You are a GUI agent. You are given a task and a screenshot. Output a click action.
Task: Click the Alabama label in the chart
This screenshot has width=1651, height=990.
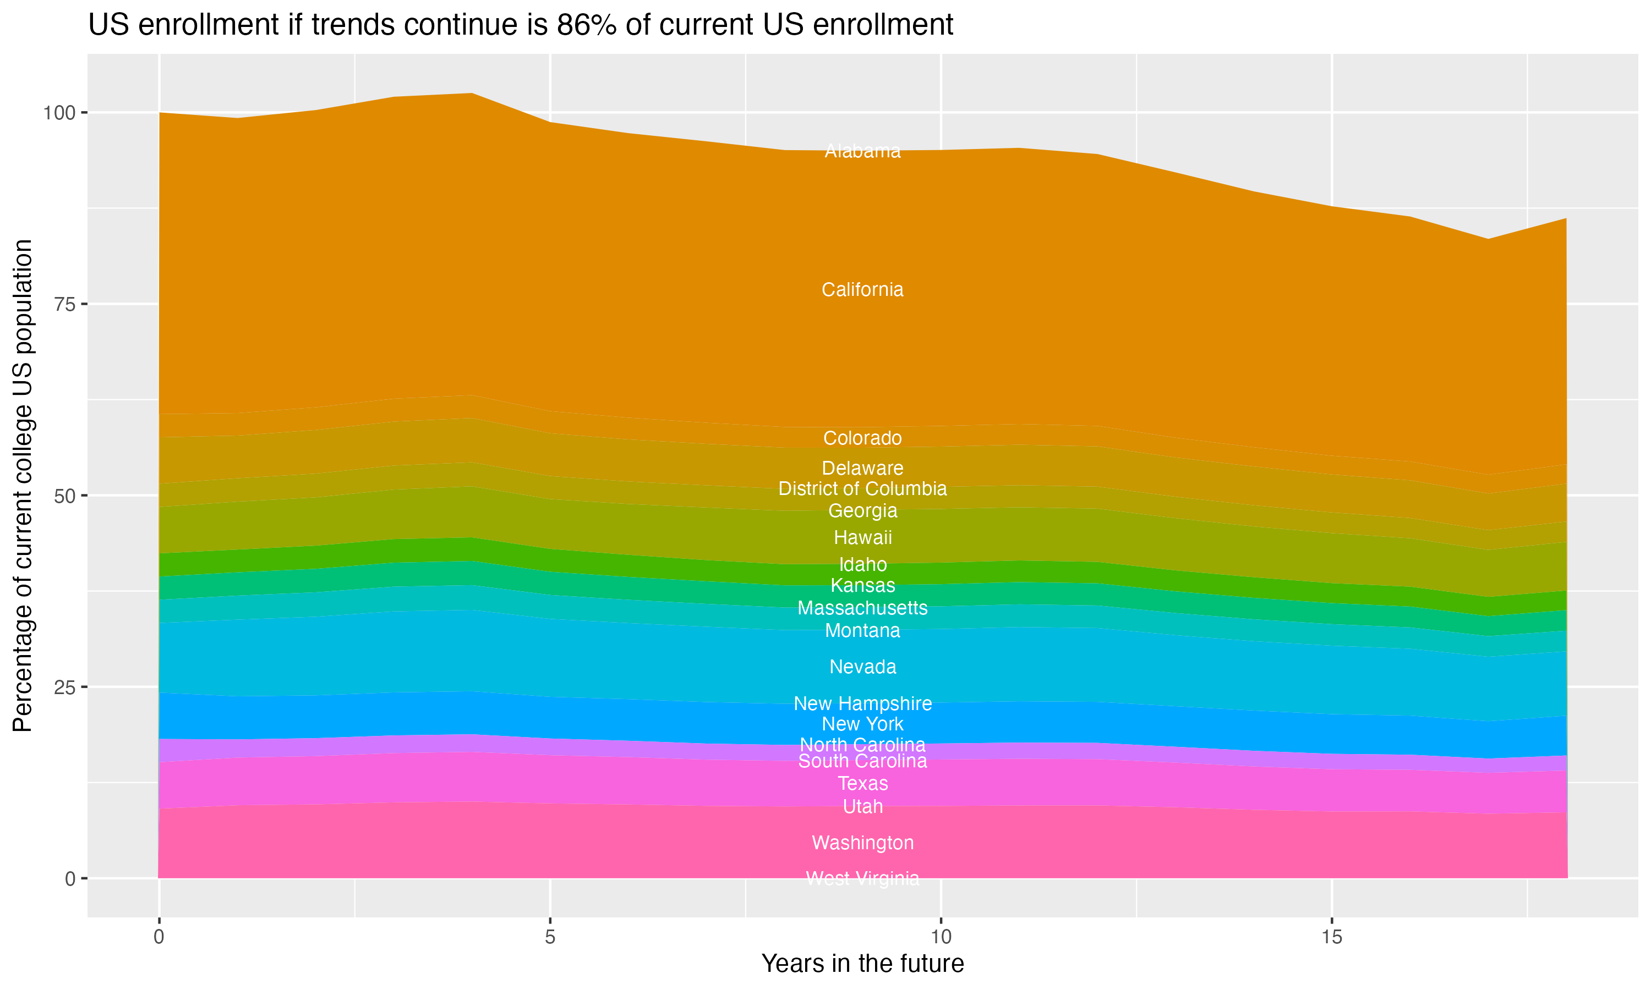pos(862,151)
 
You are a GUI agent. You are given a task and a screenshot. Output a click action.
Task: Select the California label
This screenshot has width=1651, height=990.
pos(862,289)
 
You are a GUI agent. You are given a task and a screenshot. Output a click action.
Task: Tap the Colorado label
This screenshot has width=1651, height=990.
pos(862,438)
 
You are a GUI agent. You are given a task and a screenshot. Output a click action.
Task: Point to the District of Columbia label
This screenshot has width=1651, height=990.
pos(862,489)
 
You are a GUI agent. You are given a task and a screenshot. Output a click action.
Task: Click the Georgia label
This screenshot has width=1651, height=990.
pos(862,511)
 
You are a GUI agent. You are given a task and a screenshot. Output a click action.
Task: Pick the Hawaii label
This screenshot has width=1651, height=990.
pos(862,538)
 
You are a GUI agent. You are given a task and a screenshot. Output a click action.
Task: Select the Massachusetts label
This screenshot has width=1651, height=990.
pos(862,608)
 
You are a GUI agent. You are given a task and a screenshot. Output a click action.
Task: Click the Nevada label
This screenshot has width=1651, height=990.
pos(862,667)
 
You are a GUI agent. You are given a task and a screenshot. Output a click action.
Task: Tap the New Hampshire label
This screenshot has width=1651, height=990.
pos(862,704)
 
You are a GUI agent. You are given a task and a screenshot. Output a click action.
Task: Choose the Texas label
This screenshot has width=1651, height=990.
pos(862,784)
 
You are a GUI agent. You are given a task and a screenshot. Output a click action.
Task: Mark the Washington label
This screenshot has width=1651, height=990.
pos(862,843)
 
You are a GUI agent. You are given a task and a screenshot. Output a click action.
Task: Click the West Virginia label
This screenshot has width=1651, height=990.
pos(862,878)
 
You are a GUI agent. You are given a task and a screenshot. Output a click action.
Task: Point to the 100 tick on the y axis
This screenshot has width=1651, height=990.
pos(58,113)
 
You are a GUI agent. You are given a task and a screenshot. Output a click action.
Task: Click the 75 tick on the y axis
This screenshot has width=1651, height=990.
pos(63,304)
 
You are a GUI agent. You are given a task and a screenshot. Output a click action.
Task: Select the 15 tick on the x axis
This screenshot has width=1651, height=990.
pos(1331,937)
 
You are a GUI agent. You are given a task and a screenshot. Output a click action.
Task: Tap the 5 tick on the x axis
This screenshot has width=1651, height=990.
pos(550,937)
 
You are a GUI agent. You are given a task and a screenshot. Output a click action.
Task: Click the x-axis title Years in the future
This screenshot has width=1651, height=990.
pos(862,964)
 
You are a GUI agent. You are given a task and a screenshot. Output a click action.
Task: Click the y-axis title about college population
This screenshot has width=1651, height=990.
pos(23,486)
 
